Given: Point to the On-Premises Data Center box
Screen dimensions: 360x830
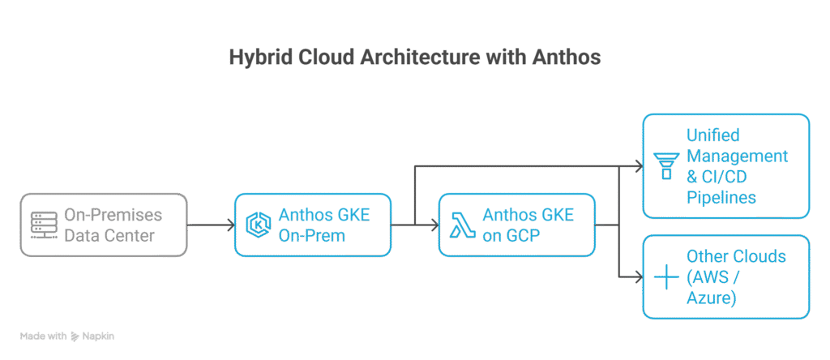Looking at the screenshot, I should coord(104,225).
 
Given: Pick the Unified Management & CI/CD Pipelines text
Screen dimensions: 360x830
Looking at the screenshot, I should coord(736,166).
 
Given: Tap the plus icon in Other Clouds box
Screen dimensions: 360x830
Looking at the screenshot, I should coord(666,277).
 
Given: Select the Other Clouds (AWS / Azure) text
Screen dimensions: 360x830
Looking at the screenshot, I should coord(735,277).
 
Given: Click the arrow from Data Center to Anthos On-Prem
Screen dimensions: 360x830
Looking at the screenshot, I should coord(209,225).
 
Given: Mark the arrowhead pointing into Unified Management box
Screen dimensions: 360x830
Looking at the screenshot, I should coord(636,167).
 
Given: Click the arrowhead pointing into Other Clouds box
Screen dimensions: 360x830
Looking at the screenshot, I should coord(636,277).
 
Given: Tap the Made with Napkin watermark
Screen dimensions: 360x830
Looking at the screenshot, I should coord(67,335).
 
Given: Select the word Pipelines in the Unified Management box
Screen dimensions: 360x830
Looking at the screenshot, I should coord(720,197).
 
